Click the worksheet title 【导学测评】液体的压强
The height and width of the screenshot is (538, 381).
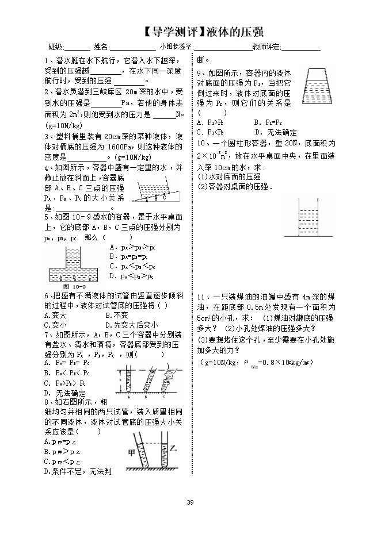coord(205,31)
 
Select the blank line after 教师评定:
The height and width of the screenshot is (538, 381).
coord(300,47)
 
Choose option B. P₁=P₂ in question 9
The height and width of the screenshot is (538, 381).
coord(267,122)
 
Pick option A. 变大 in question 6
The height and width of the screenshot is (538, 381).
coord(56,315)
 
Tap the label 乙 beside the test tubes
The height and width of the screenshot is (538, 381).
coord(169,447)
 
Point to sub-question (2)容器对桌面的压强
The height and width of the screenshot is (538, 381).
coord(235,187)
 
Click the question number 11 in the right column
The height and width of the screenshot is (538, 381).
coord(201,297)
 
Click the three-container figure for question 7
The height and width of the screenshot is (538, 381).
coord(142,378)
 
